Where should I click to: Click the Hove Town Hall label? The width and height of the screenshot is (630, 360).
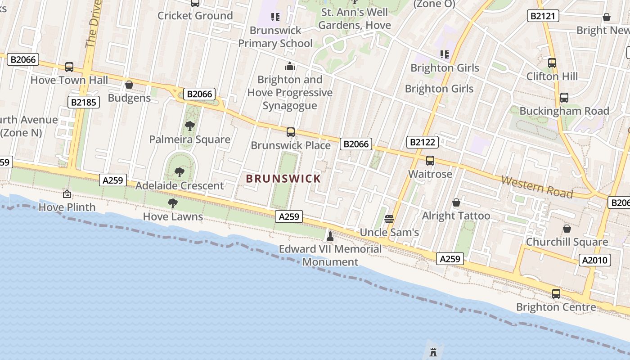(x=69, y=80)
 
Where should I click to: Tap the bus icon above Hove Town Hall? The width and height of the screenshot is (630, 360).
(x=69, y=67)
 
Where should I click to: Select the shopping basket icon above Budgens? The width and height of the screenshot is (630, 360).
(x=129, y=85)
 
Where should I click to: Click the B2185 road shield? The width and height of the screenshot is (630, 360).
(x=84, y=102)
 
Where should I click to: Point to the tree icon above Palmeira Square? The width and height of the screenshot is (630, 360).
(x=190, y=126)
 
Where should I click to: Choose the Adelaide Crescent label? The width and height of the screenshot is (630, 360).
(x=180, y=185)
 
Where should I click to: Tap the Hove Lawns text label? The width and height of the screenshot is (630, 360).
(x=173, y=217)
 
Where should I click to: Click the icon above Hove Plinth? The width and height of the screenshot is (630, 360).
(x=67, y=194)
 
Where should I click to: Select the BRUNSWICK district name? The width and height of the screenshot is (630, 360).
(x=283, y=179)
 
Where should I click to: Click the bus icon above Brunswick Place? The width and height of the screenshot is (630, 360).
(x=291, y=132)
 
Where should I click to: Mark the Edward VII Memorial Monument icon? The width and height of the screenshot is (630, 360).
(x=330, y=236)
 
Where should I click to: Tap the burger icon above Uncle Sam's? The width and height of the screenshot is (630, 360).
(x=389, y=219)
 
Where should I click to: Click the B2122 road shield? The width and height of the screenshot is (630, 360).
(x=422, y=143)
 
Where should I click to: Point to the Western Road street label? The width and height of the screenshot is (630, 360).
(x=537, y=187)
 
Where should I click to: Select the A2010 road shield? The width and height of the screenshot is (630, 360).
(x=595, y=260)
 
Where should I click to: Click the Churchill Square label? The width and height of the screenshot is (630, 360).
(x=567, y=242)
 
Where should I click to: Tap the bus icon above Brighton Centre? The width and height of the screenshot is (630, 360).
(x=556, y=294)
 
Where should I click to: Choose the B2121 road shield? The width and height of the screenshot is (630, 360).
(x=543, y=16)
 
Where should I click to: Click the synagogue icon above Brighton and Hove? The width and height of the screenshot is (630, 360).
(x=290, y=67)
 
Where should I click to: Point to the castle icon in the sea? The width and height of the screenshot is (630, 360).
(x=433, y=352)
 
